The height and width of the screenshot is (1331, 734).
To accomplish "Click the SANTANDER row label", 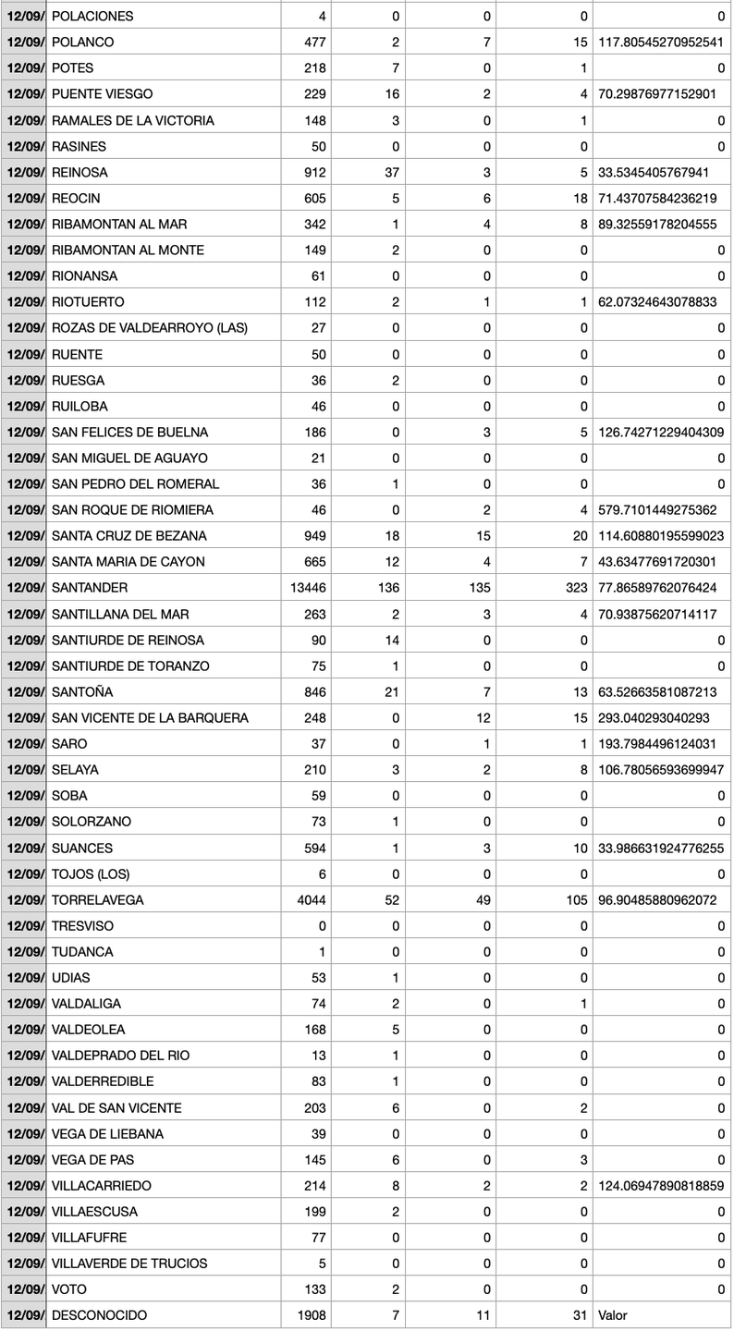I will pyautogui.click(x=90, y=588).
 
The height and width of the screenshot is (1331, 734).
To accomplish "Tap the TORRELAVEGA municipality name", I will pyautogui.click(x=98, y=900).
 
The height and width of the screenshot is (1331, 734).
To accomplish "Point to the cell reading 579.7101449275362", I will pyautogui.click(x=661, y=510).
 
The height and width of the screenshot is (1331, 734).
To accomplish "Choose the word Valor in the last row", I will pyautogui.click(x=613, y=1315).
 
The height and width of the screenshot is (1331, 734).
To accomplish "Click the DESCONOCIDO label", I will pyautogui.click(x=99, y=1315).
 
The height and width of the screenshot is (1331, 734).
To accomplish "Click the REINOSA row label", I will pyautogui.click(x=80, y=172).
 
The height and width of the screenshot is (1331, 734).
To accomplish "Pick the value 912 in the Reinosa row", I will pyautogui.click(x=315, y=172).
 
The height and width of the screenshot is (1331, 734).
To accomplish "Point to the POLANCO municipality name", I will pyautogui.click(x=83, y=43).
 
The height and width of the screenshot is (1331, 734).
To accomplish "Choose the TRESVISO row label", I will pyautogui.click(x=83, y=926).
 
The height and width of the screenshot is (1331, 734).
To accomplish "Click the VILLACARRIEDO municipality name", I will pyautogui.click(x=102, y=1186).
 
